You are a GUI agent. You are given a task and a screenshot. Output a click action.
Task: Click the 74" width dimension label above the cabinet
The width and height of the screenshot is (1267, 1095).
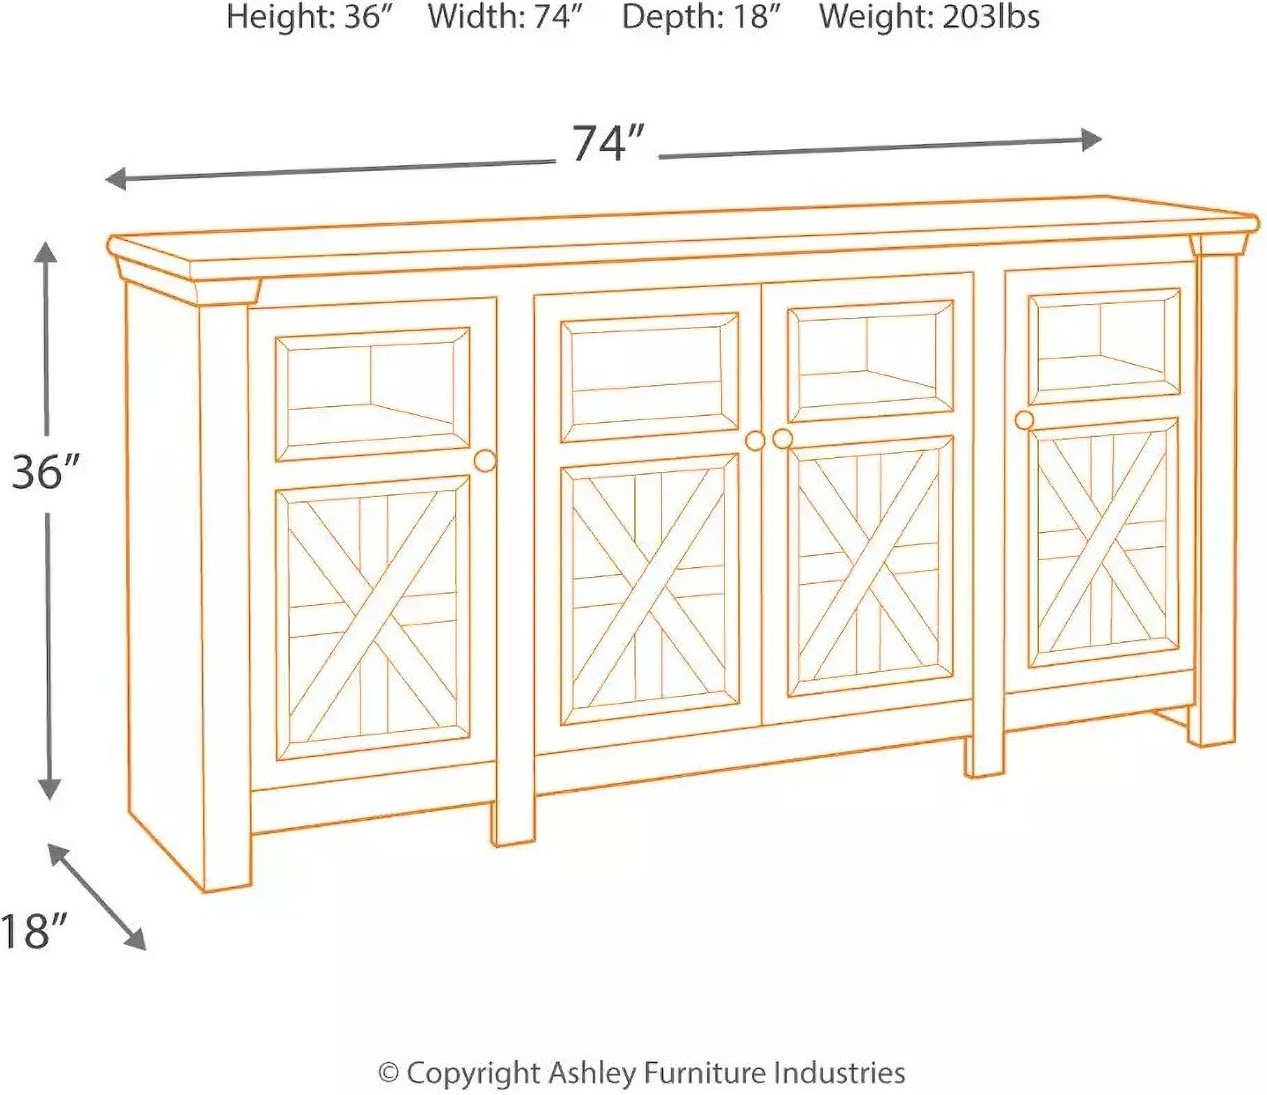[x=606, y=144]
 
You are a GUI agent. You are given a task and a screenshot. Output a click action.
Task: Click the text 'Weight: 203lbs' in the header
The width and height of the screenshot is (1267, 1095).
[x=929, y=16]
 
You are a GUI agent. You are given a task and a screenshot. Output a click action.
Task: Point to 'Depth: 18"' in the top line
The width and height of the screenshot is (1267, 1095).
[x=701, y=16]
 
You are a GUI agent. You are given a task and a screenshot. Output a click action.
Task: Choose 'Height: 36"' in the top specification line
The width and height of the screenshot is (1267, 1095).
[x=308, y=16]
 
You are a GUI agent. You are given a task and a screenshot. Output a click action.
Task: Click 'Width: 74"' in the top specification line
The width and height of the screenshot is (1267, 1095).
[x=506, y=16]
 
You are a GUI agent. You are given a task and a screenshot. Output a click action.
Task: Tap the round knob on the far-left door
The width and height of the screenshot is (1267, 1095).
[x=484, y=460]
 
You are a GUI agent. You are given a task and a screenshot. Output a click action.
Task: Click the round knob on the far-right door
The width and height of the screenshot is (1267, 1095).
[x=1024, y=419]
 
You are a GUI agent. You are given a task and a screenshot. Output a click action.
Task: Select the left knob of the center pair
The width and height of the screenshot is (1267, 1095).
[x=755, y=440]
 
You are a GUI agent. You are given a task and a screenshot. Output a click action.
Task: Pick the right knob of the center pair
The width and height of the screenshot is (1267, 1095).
[x=782, y=438]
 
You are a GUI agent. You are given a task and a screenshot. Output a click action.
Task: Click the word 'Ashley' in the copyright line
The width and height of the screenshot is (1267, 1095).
[x=594, y=1072]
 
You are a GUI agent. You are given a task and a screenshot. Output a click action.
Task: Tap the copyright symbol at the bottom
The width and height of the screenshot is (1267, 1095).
[x=388, y=1072]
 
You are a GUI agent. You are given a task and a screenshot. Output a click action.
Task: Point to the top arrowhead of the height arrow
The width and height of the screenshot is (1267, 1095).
[x=47, y=252]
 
